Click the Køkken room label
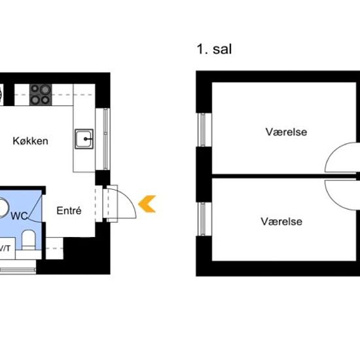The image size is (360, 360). (30, 141)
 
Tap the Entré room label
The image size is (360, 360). (69, 211)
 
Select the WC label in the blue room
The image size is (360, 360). (19, 216)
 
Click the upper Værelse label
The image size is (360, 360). (286, 132)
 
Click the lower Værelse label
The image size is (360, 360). (281, 221)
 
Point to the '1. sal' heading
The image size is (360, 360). (214, 49)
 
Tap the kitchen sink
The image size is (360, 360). (84, 139)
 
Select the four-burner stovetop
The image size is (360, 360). (41, 95)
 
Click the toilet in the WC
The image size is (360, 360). (28, 240)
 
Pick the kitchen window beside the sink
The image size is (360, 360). (105, 139)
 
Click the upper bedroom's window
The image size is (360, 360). (202, 130)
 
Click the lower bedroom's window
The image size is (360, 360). (202, 219)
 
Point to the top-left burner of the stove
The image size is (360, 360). (35, 88)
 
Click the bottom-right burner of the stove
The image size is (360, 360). (45, 100)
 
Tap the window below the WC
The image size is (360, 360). (18, 270)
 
